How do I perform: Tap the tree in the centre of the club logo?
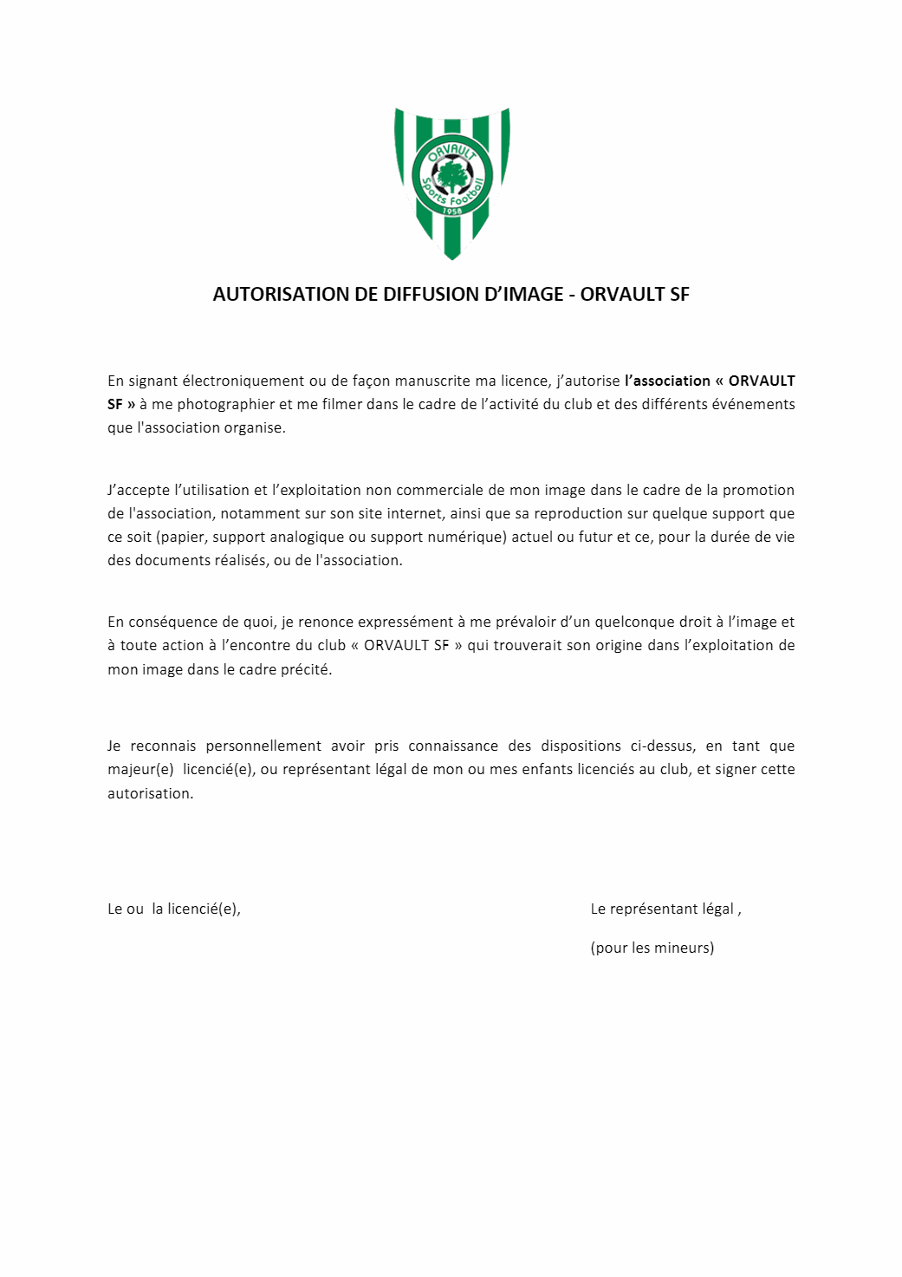[x=451, y=176]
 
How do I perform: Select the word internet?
[x=412, y=513]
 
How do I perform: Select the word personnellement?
[x=263, y=746]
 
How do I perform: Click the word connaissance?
[x=453, y=746]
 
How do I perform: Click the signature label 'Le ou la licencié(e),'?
[x=174, y=909]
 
